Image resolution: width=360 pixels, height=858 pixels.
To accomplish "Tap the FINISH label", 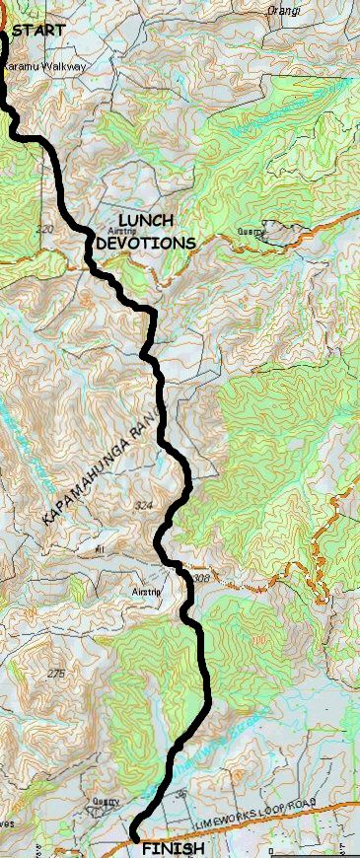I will point(174,848).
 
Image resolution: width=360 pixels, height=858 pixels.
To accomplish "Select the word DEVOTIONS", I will point(145,242).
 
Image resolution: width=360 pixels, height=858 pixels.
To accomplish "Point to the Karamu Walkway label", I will point(44,66).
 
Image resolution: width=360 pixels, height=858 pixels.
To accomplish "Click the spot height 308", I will point(200,578).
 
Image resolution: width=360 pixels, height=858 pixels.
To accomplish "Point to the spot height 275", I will point(57,673).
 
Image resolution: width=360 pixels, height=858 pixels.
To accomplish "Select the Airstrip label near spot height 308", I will point(145,592).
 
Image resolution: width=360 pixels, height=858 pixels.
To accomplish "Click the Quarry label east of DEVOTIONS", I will point(252,233).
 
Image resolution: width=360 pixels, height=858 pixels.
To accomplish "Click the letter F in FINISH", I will point(146,848).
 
